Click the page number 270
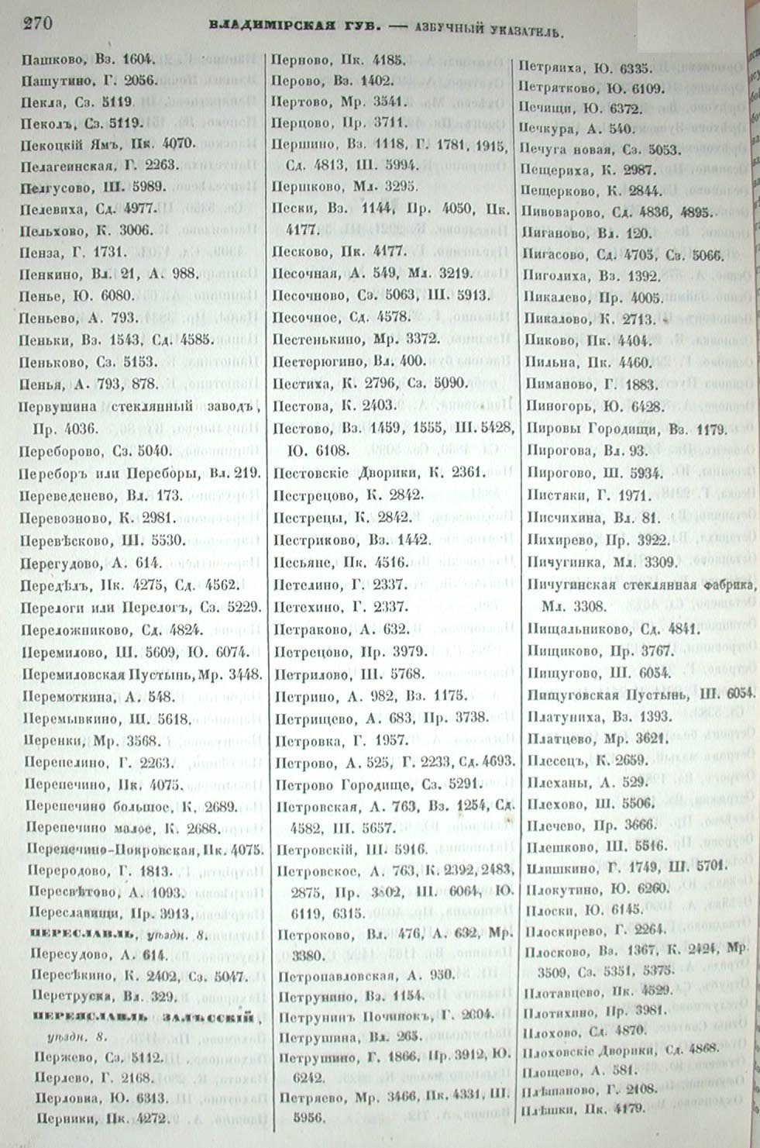pos(38,22)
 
